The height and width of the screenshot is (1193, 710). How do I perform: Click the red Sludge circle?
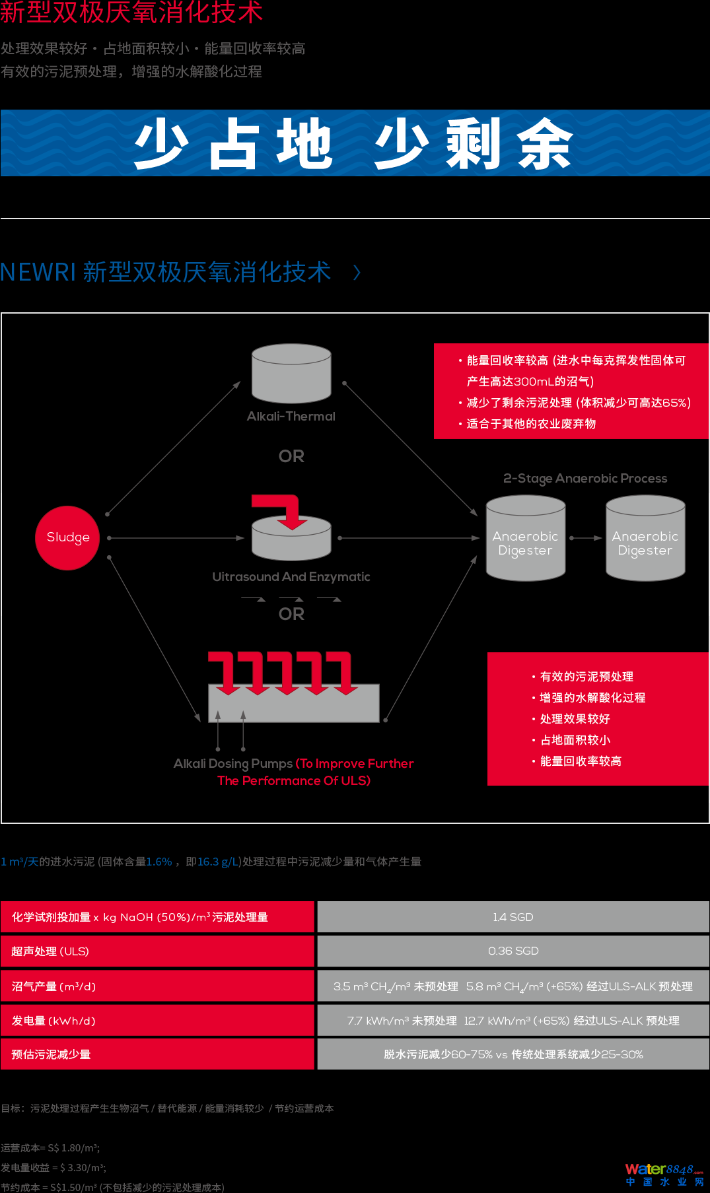(67, 537)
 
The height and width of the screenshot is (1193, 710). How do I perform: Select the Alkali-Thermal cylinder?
(291, 374)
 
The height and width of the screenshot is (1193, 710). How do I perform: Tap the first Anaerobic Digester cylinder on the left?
(526, 539)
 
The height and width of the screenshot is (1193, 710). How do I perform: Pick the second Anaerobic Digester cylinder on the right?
(645, 539)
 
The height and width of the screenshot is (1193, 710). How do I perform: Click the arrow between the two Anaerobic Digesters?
(586, 538)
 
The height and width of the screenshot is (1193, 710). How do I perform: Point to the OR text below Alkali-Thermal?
(291, 456)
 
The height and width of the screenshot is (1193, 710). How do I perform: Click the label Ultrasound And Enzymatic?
(291, 577)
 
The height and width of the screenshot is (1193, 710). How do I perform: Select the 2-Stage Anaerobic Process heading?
(585, 479)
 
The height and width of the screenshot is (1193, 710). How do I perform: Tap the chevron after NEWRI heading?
(357, 272)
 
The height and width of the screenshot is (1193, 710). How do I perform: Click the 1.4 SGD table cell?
(513, 917)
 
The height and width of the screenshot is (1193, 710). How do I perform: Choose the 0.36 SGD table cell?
(513, 951)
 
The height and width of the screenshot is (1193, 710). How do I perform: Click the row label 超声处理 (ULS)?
(50, 951)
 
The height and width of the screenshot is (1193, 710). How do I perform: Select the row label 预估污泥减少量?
(51, 1054)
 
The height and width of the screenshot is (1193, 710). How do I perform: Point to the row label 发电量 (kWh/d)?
(53, 1021)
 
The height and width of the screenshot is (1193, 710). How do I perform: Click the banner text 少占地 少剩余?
(354, 143)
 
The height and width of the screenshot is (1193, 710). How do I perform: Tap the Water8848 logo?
(664, 1174)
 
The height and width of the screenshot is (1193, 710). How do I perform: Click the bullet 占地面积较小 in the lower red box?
(575, 740)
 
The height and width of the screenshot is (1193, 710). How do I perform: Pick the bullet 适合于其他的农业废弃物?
(531, 424)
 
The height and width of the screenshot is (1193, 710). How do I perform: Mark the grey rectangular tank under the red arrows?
(294, 704)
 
